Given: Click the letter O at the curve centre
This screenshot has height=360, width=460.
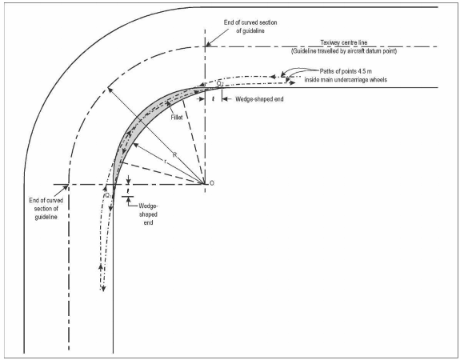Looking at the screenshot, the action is pyautogui.click(x=212, y=183).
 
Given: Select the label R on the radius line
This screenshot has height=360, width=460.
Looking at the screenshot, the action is pyautogui.click(x=175, y=154).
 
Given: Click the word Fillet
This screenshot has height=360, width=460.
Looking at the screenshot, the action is pyautogui.click(x=177, y=118).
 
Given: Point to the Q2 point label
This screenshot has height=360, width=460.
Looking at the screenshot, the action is pyautogui.click(x=220, y=84).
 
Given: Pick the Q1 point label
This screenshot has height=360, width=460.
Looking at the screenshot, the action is pyautogui.click(x=108, y=195).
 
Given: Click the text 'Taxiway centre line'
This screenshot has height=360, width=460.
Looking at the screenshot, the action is pyautogui.click(x=343, y=42).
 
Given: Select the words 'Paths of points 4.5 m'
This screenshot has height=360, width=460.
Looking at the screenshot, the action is pyautogui.click(x=346, y=71).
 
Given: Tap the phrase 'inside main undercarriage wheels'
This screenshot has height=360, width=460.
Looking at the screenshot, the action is pyautogui.click(x=346, y=79).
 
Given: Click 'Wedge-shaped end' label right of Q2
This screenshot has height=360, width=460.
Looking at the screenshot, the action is pyautogui.click(x=259, y=99).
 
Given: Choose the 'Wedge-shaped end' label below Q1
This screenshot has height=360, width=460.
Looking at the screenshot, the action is pyautogui.click(x=148, y=214).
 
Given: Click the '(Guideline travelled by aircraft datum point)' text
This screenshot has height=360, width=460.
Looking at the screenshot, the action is pyautogui.click(x=344, y=51).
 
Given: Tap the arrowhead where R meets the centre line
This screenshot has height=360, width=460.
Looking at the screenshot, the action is pyautogui.click(x=110, y=89).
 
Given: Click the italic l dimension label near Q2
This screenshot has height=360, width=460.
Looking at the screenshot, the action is pyautogui.click(x=214, y=99).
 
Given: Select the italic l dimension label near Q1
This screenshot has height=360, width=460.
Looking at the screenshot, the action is pyautogui.click(x=128, y=191).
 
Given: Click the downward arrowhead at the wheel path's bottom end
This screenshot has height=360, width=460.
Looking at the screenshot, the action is pyautogui.click(x=103, y=289).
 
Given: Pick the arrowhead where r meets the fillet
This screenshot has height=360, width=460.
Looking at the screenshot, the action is pyautogui.click(x=135, y=144).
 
